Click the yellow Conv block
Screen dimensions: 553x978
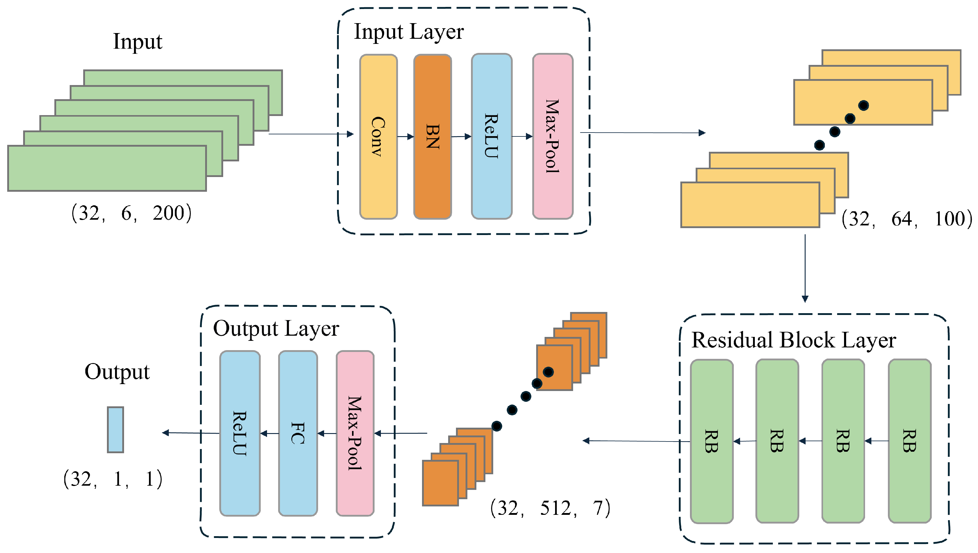(x=378, y=137)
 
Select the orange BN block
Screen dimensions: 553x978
(x=433, y=137)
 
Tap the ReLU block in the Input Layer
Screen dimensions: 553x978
(x=492, y=137)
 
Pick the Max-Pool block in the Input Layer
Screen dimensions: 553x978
(x=553, y=137)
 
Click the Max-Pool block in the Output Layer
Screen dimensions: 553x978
(x=355, y=433)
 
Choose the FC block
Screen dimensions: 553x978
(x=298, y=433)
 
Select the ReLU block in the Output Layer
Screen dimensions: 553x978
(x=240, y=433)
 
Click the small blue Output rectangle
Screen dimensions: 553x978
(x=115, y=429)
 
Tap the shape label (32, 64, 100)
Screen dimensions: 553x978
(x=907, y=219)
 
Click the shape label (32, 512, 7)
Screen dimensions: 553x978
(x=550, y=508)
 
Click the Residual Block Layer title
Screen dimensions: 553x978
(x=794, y=340)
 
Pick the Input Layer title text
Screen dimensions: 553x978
(x=409, y=32)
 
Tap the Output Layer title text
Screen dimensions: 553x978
(x=276, y=328)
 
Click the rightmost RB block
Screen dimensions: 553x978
(x=909, y=441)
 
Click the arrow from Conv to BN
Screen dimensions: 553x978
(x=405, y=136)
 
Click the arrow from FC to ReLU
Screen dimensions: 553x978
(x=269, y=433)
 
